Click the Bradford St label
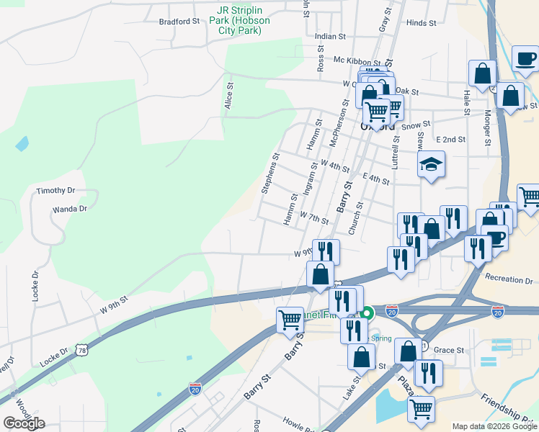(x=179, y=22)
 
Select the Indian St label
(x=331, y=35)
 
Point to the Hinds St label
(x=422, y=23)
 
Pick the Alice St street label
(x=229, y=95)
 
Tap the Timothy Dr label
(x=56, y=191)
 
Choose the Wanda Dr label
(x=69, y=209)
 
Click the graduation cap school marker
(x=432, y=164)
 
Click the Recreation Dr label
(x=509, y=279)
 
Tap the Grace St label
(x=449, y=351)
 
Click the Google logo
(x=24, y=423)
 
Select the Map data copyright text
(x=495, y=426)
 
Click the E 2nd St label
(x=451, y=139)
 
